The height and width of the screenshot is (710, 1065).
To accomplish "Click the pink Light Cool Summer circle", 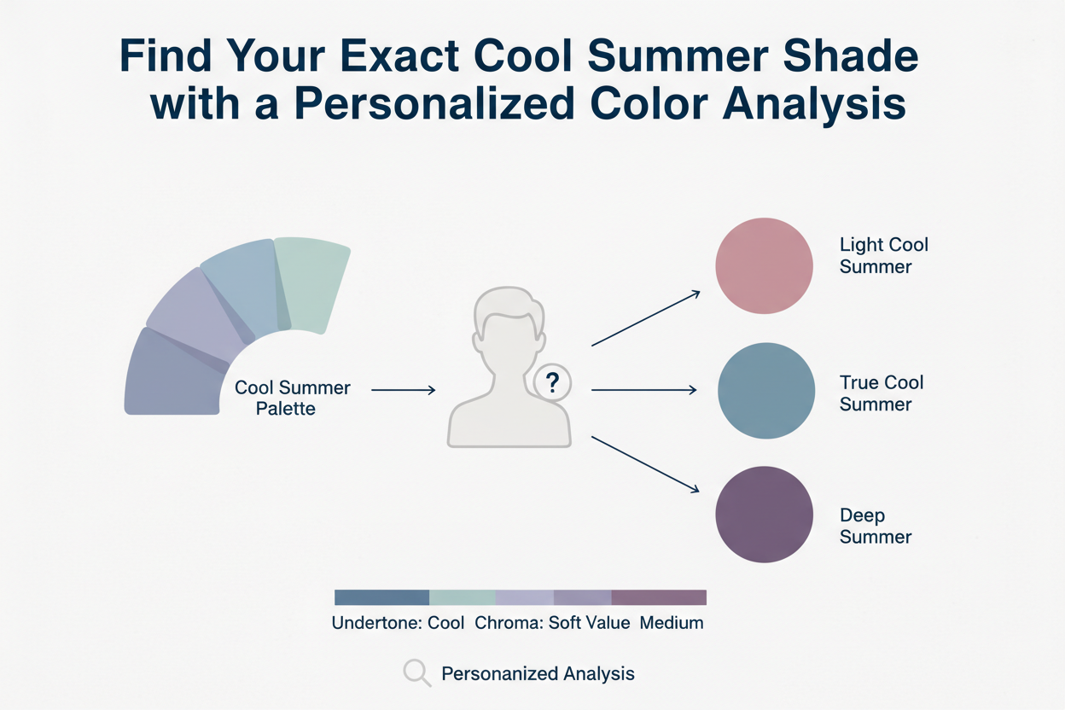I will [764, 266].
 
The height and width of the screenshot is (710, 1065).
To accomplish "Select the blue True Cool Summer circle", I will [766, 390].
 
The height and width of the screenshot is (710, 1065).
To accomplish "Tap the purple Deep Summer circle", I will [764, 514].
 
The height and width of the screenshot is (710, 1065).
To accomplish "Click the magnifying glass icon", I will [416, 673].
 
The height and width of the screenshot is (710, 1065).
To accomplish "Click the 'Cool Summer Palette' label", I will [292, 398].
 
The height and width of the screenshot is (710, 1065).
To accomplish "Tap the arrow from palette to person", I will [403, 390].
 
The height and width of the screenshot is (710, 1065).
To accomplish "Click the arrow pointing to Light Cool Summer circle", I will [646, 318].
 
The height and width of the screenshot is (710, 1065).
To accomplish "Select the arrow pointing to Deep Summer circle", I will [646, 464].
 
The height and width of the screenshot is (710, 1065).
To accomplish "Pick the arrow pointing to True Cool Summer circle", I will [643, 390].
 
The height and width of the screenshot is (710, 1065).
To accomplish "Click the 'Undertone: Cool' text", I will [398, 622].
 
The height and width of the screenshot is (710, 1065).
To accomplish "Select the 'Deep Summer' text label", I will [875, 527].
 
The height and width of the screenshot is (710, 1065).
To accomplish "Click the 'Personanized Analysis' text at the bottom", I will [538, 673].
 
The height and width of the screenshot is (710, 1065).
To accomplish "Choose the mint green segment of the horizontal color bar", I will [462, 597].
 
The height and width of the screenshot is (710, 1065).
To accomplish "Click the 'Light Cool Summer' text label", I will [883, 255].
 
